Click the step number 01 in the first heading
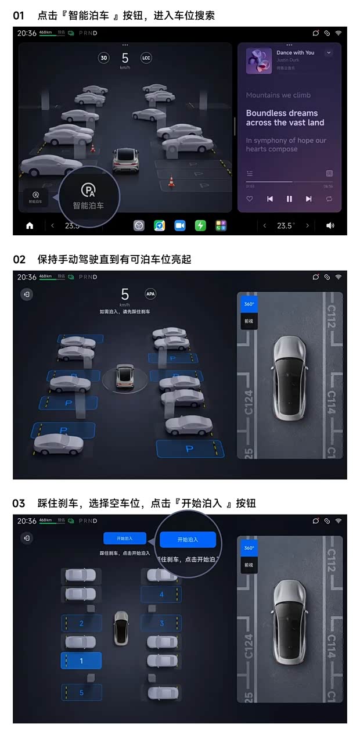pos(19,16)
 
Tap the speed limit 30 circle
pos(104,58)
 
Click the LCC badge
pos(146,58)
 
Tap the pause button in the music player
pos(289,199)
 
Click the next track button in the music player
pos(309,199)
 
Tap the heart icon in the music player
pos(250,199)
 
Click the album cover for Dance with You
pos(259,60)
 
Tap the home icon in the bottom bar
pos(30,225)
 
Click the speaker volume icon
pos(330,225)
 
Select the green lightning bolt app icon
pos(200,225)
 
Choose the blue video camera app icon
pos(180,225)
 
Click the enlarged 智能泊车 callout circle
pos(88,196)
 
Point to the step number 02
pos(19,260)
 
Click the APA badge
pos(150,294)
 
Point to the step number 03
pos(19,504)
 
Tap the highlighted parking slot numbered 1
pos(81,660)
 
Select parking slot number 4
pos(161,594)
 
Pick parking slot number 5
pos(81,692)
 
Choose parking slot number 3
pos(161,623)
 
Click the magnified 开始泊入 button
pos(188,540)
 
